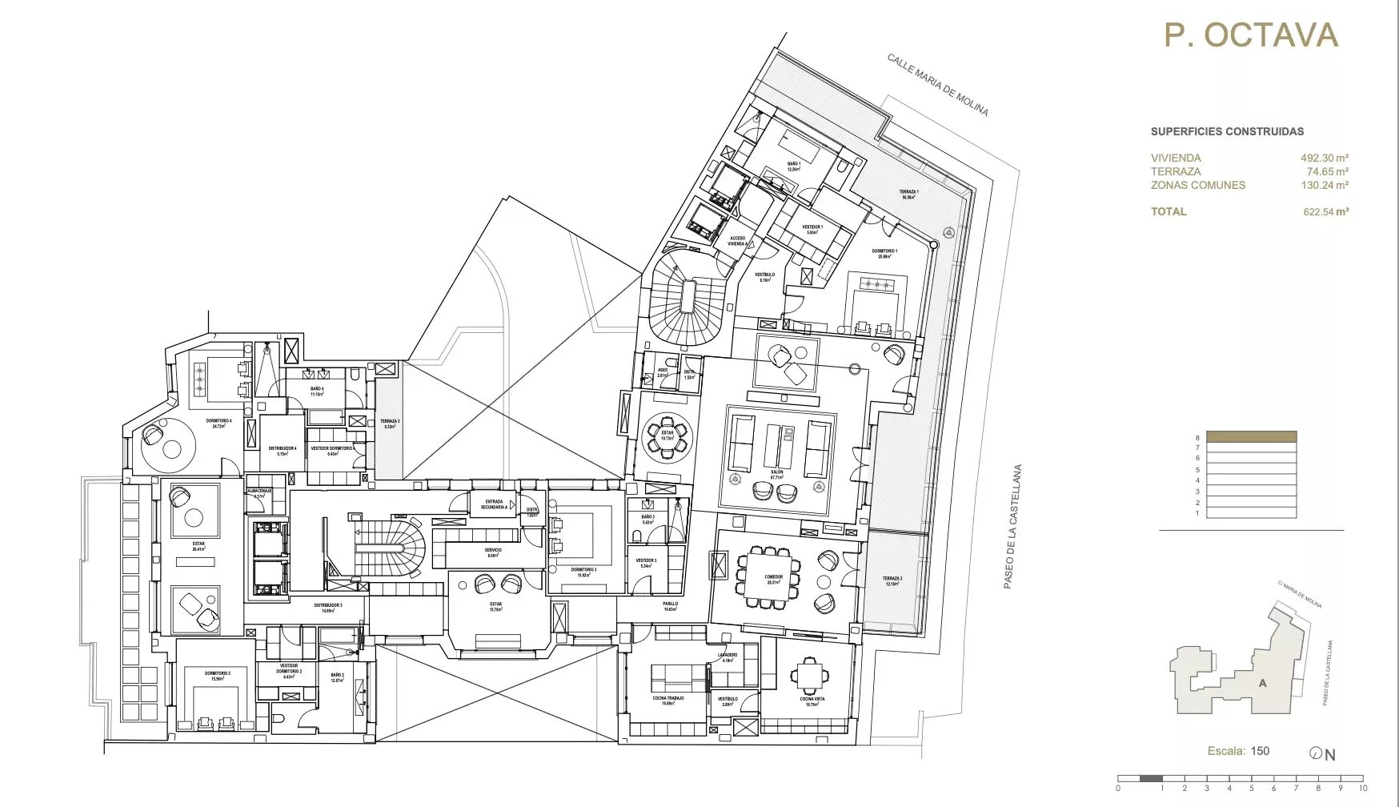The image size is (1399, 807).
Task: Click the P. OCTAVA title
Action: (x=1251, y=36)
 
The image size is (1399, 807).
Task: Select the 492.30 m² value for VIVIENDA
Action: (x=1325, y=159)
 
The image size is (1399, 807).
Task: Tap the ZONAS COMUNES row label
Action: (x=1198, y=185)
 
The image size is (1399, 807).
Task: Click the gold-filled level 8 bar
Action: (x=1251, y=437)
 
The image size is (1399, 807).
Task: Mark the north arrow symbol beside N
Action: (x=1316, y=753)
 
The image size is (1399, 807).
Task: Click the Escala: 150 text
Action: (x=1238, y=751)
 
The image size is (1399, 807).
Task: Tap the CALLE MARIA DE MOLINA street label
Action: (x=937, y=85)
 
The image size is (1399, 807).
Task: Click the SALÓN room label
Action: (x=776, y=472)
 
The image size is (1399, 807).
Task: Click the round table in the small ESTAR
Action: (x=667, y=436)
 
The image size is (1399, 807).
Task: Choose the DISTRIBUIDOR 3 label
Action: (x=328, y=606)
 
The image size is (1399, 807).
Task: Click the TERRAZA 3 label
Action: (x=390, y=422)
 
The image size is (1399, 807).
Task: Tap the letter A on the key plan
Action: (x=1262, y=683)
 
